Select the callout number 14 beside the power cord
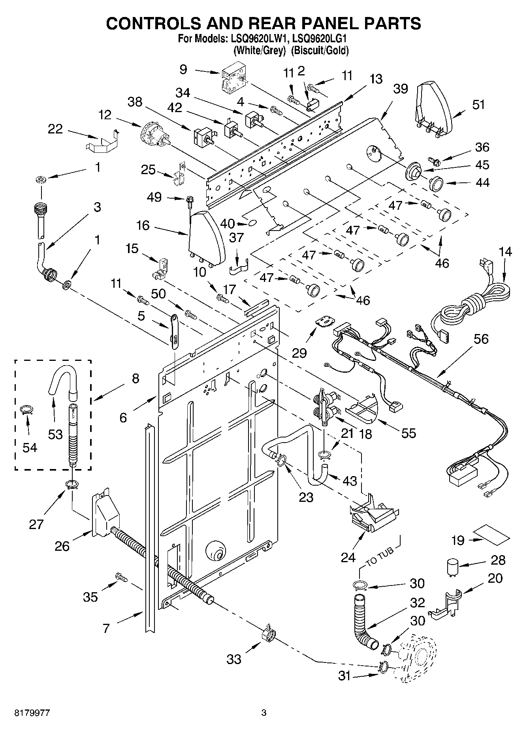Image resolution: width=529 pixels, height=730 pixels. [x=505, y=251]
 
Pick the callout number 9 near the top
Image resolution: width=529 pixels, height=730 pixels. [x=183, y=70]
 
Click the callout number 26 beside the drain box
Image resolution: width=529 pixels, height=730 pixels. [x=62, y=546]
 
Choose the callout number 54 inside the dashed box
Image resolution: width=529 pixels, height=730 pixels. [x=30, y=447]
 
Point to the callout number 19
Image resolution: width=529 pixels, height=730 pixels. [x=458, y=540]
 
